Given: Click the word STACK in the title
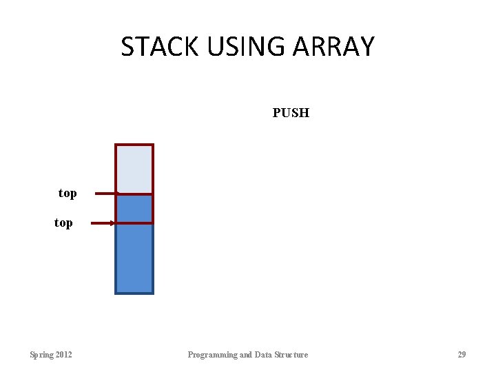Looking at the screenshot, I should tap(159, 47).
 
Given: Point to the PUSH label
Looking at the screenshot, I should tap(291, 113).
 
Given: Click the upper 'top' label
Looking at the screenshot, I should tap(68, 194).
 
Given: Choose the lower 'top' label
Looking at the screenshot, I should tap(63, 223).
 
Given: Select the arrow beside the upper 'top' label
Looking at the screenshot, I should tap(105, 194).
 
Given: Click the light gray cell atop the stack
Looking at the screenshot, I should tap(134, 169).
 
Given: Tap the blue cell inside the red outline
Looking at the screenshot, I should tap(134, 209).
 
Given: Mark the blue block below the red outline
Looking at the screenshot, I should tap(134, 258).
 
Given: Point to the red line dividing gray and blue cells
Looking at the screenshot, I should tap(134, 194).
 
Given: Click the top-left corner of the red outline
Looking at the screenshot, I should tap(116, 145).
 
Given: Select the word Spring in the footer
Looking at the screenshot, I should tap(41, 355).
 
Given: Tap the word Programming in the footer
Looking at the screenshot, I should tap(212, 355).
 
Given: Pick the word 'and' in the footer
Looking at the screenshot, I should tap(246, 355).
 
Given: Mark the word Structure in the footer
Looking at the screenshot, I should tap(292, 355).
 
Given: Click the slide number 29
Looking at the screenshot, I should tap(462, 355).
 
